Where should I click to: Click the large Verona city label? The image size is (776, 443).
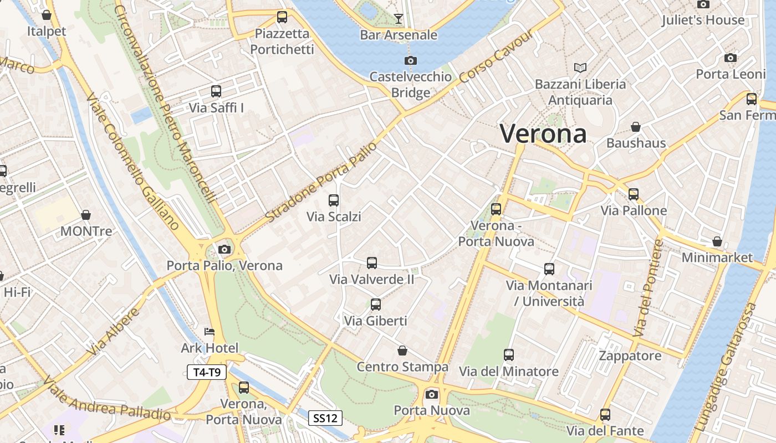543,134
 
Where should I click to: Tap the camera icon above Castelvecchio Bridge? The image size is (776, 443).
410,60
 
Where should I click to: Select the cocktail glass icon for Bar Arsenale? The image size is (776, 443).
398,19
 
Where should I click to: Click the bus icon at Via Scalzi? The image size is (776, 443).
333,200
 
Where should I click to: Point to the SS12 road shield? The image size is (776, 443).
325,418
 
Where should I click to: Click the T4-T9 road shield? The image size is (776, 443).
207,372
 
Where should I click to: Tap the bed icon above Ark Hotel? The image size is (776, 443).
210,332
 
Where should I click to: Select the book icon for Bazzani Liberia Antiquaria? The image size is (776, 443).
580,68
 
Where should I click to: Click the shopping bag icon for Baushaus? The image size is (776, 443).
635,127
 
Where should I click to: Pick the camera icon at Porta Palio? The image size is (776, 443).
224,250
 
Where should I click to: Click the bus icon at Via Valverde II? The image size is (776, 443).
371,263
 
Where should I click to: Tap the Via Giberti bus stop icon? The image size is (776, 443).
375,304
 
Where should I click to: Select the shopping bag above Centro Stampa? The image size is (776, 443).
402,351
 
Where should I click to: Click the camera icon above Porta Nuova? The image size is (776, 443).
431,394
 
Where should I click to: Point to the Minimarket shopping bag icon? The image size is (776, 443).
717,242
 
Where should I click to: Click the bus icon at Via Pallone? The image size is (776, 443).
633,194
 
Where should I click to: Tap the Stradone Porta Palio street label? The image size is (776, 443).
321,182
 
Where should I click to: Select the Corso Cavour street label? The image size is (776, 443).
497,57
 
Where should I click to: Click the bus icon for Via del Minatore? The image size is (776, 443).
508,355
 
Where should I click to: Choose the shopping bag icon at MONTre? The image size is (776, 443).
86,215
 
